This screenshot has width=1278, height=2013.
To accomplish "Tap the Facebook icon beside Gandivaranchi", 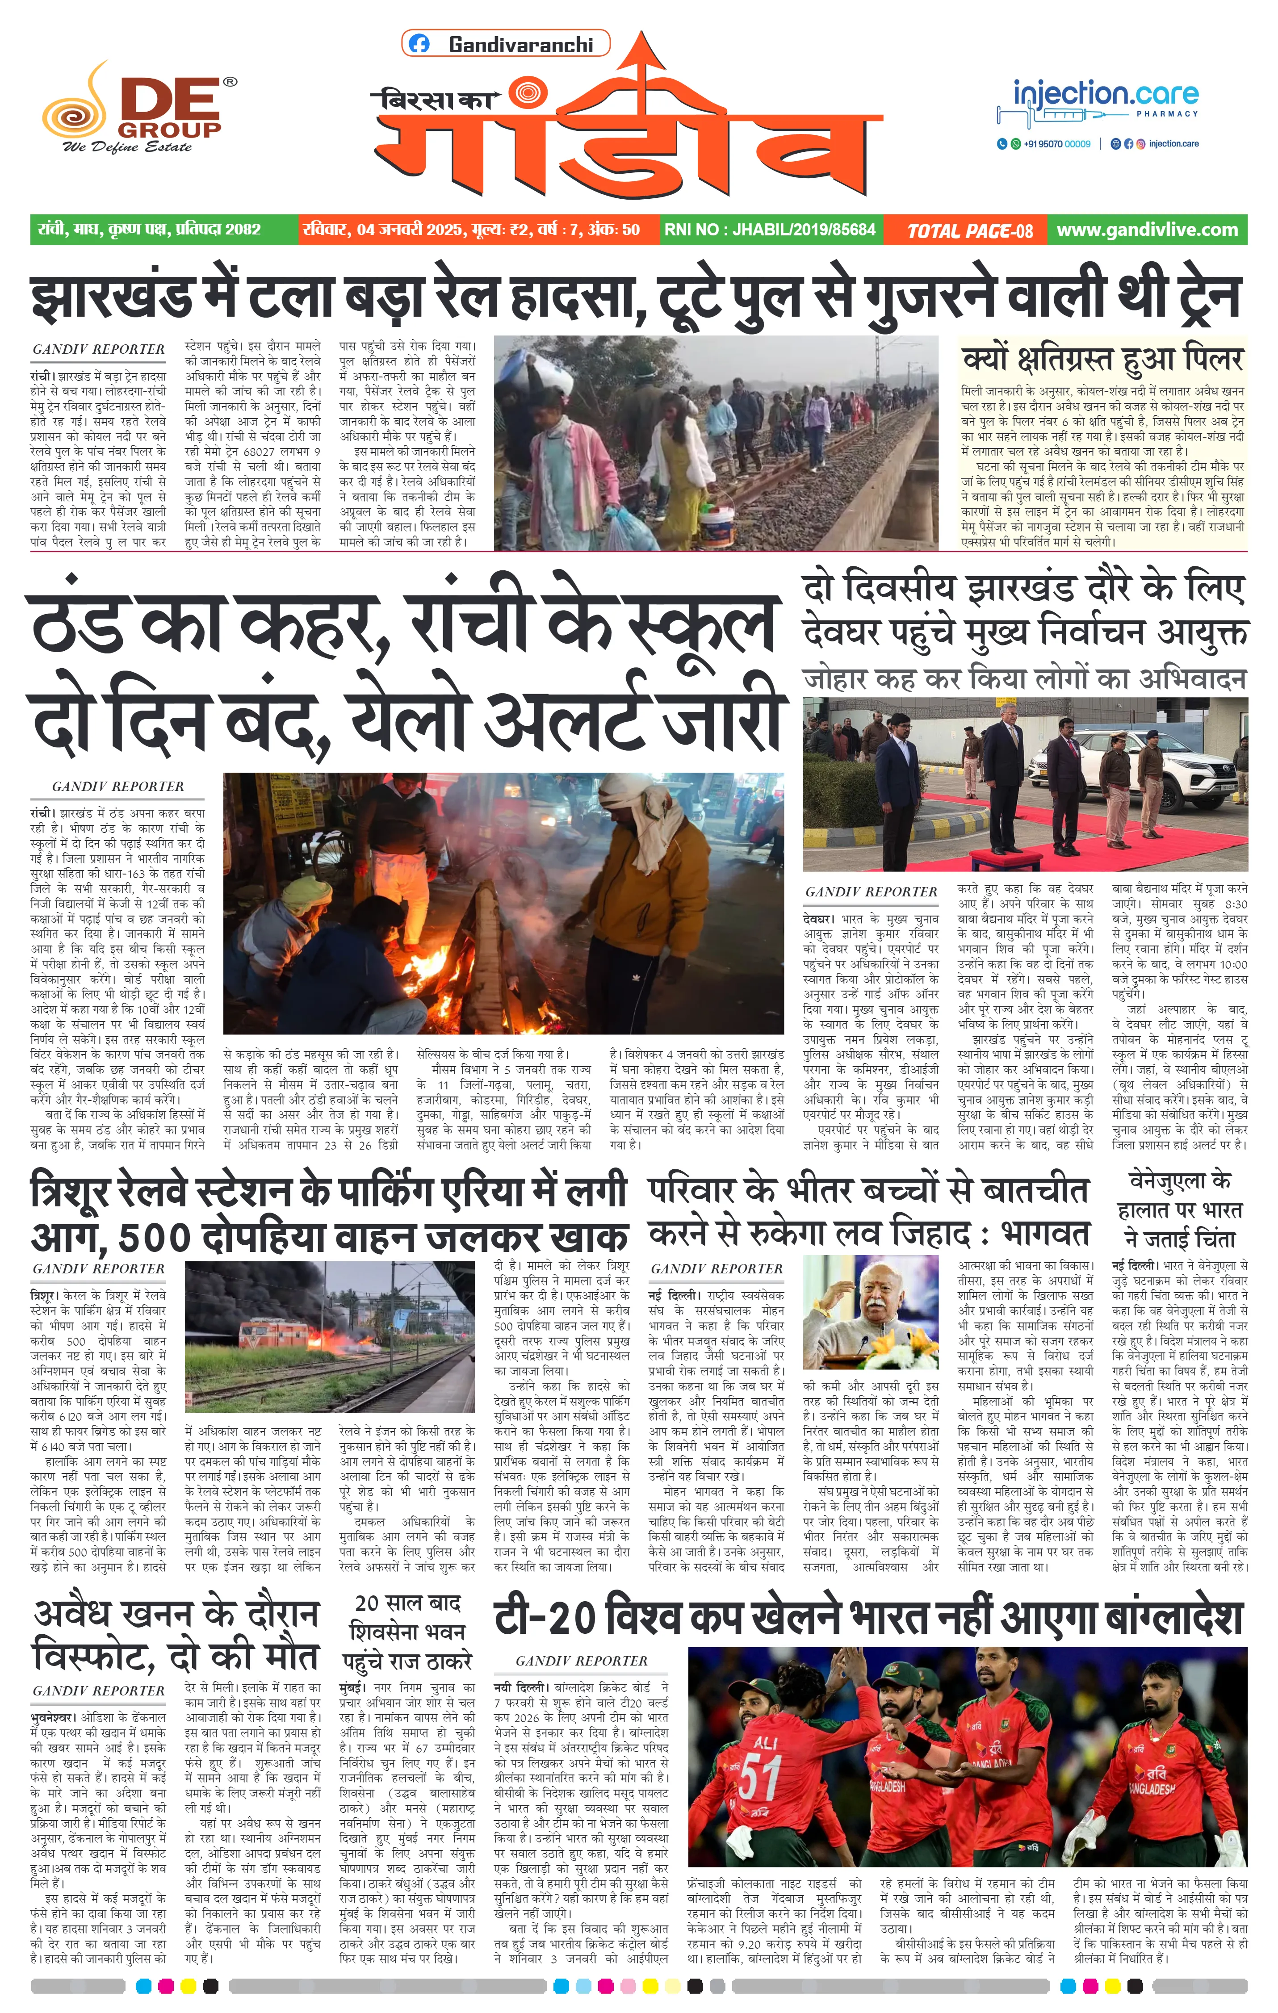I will pos(420,44).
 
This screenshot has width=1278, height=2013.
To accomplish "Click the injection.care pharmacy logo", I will pos(1098,101).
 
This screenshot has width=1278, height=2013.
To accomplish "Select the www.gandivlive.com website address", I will pos(1147,230).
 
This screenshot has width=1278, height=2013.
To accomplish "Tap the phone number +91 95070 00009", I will pos(1056,144).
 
